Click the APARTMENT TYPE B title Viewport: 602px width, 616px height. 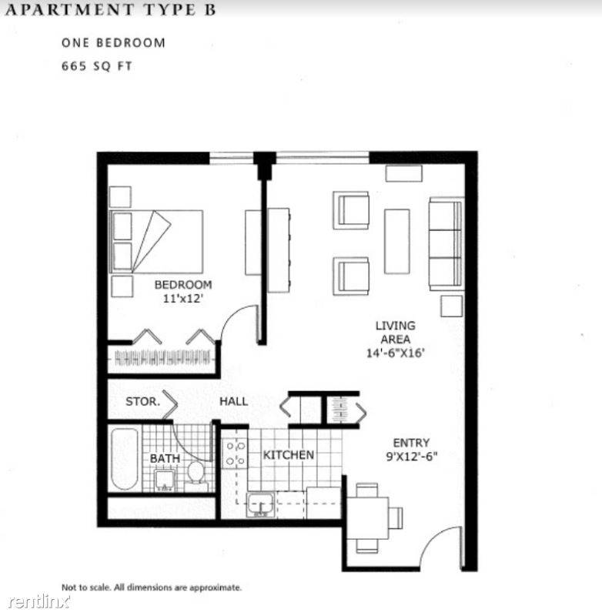point(108,10)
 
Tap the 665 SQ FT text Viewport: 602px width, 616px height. point(97,66)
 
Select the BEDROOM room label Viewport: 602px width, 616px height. point(182,285)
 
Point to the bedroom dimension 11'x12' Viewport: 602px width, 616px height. point(182,299)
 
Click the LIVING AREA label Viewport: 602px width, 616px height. point(395,332)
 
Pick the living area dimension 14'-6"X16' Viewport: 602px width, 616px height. point(395,353)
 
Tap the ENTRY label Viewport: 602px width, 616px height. point(410,443)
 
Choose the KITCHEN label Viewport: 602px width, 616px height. point(289,455)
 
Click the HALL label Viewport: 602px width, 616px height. point(233,401)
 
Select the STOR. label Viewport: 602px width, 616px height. point(142,401)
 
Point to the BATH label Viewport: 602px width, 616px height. point(165,458)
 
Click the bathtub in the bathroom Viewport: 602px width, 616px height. point(125,460)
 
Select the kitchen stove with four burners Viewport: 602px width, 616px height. point(233,453)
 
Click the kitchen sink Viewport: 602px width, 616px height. point(259,504)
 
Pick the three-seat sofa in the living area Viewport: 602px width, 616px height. point(446,243)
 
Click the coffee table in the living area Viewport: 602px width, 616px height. point(396,241)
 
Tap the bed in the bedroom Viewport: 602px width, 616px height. point(158,241)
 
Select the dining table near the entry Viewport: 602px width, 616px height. point(368,518)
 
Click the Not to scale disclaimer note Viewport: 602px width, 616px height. point(152,587)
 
